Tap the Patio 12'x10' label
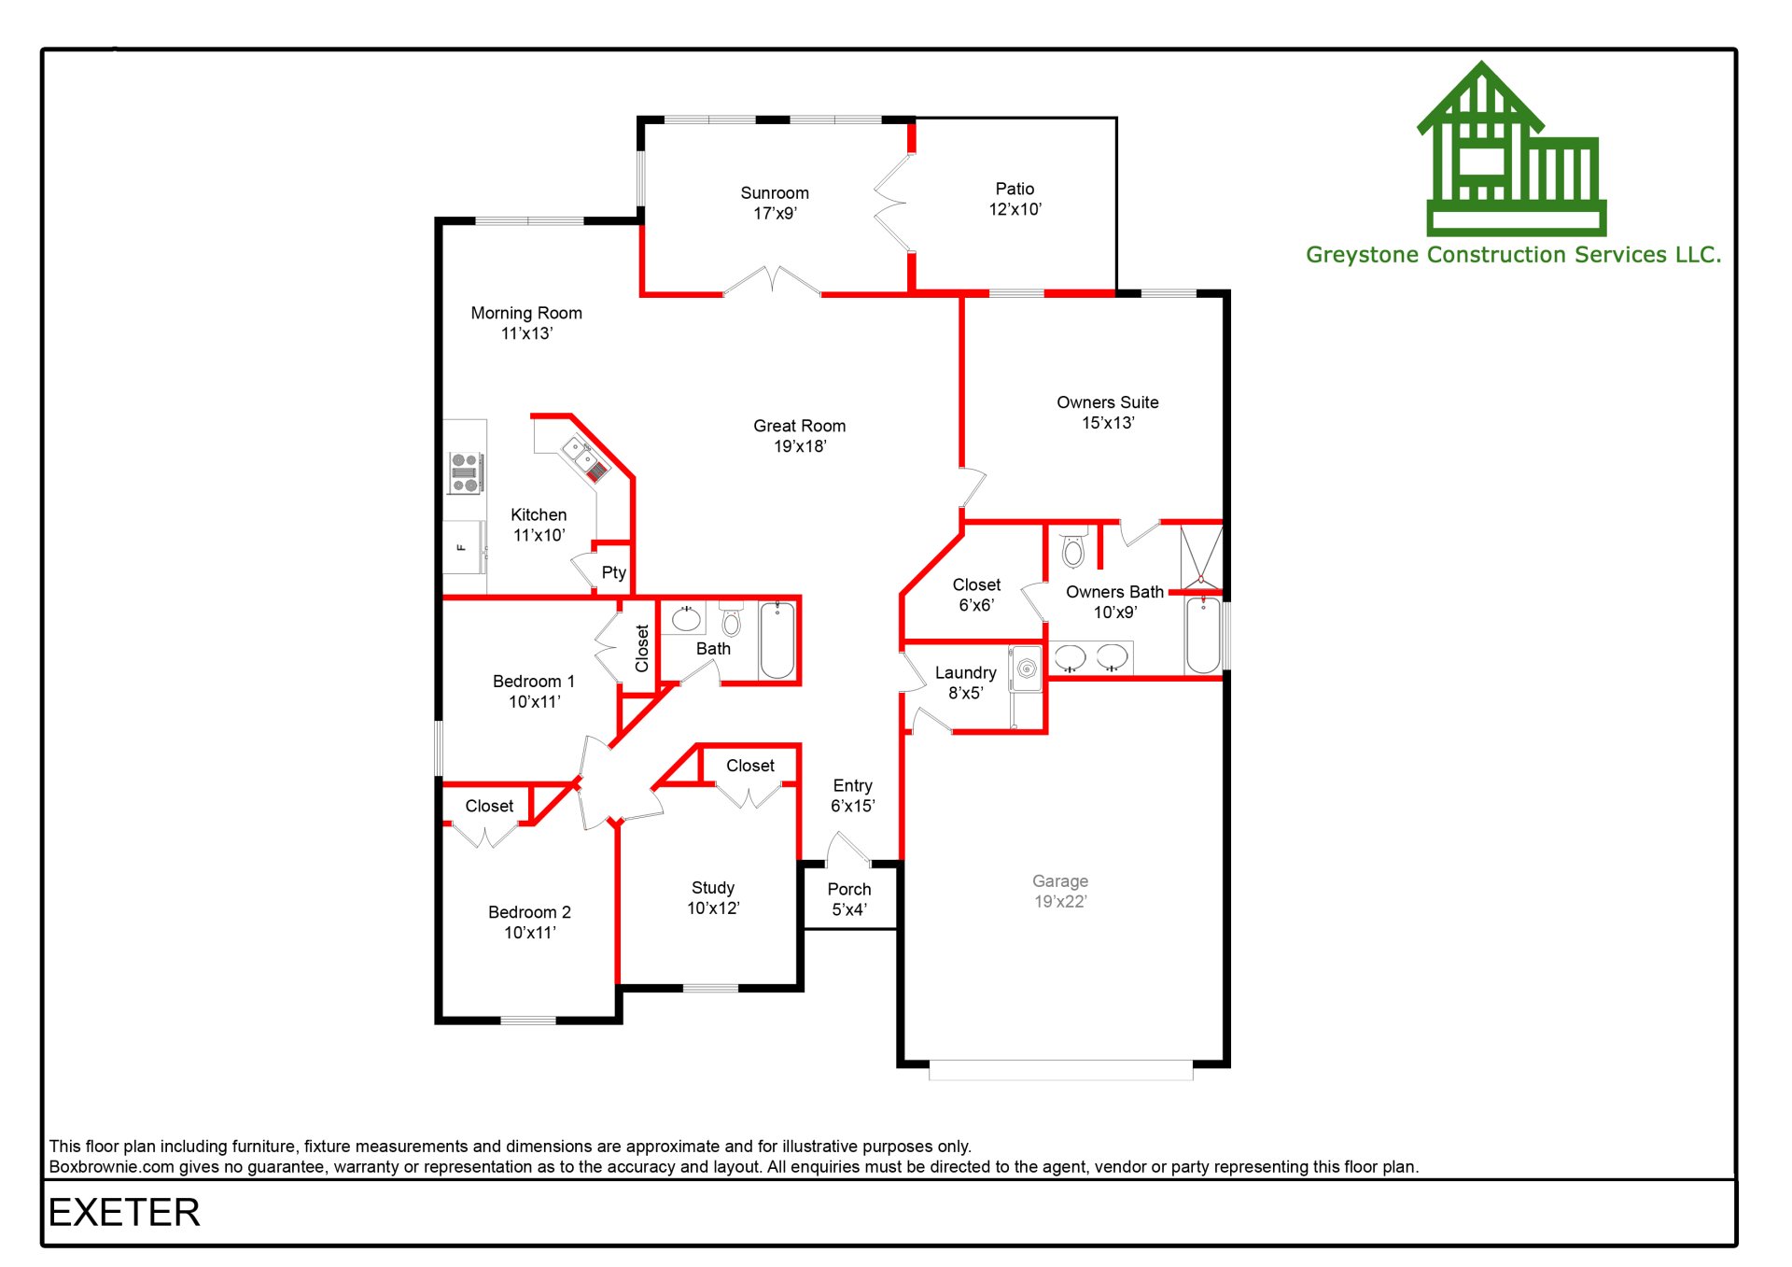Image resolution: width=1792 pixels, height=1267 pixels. click(1015, 199)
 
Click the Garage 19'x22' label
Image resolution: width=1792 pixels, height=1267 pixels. click(1060, 891)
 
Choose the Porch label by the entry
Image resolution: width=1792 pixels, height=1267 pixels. click(849, 898)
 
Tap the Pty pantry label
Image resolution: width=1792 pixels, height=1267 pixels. click(613, 572)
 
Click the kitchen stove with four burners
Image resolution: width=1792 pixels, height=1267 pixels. click(465, 472)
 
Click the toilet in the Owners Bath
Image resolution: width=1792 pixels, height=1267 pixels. click(1073, 551)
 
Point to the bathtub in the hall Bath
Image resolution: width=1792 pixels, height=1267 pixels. click(777, 641)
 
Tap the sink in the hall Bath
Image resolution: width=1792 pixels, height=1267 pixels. click(687, 619)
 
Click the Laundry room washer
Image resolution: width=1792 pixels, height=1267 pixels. click(1027, 669)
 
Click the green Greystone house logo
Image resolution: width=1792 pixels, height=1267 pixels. click(1512, 149)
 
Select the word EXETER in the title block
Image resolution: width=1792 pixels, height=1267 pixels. click(124, 1213)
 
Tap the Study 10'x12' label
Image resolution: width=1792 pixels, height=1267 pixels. click(713, 897)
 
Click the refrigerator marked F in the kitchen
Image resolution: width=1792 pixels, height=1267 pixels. click(463, 547)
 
